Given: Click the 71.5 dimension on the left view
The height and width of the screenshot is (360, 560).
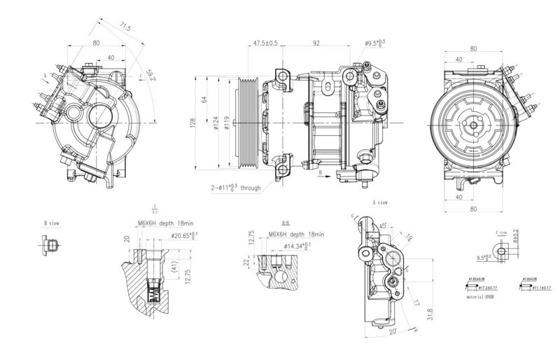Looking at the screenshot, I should click(x=124, y=27).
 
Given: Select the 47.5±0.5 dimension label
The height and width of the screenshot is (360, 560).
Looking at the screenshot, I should click(x=264, y=43).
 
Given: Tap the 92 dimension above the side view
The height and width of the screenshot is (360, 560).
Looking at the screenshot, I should click(x=316, y=43).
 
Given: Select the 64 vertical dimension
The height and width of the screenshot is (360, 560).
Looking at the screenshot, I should click(x=204, y=99).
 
